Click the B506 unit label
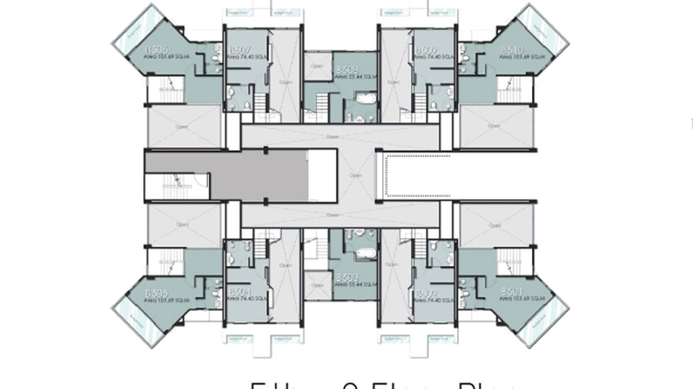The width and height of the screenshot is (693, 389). tap(156, 50)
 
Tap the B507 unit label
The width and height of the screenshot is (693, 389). tap(240, 50)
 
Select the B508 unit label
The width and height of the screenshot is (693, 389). tap(346, 69)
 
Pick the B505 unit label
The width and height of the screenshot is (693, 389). tap(156, 293)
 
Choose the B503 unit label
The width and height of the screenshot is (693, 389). tap(346, 278)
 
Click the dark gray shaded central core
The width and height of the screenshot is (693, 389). tap(258, 175)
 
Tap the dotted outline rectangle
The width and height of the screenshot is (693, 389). tap(418, 175)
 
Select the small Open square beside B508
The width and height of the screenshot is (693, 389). tap(317, 67)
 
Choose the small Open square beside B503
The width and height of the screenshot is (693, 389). tap(317, 285)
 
